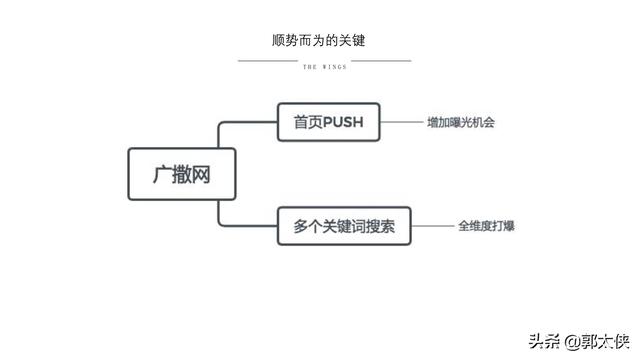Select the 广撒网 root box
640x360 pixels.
tap(183, 174)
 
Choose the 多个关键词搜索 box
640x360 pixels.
tap(344, 226)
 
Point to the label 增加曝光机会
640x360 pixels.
tap(461, 123)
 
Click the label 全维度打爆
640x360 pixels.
tap(486, 226)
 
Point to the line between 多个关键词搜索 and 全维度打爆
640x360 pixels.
tap(432, 226)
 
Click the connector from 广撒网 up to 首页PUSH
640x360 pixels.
tap(221, 135)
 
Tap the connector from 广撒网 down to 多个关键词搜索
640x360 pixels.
tap(221, 213)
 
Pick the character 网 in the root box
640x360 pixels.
tap(204, 174)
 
